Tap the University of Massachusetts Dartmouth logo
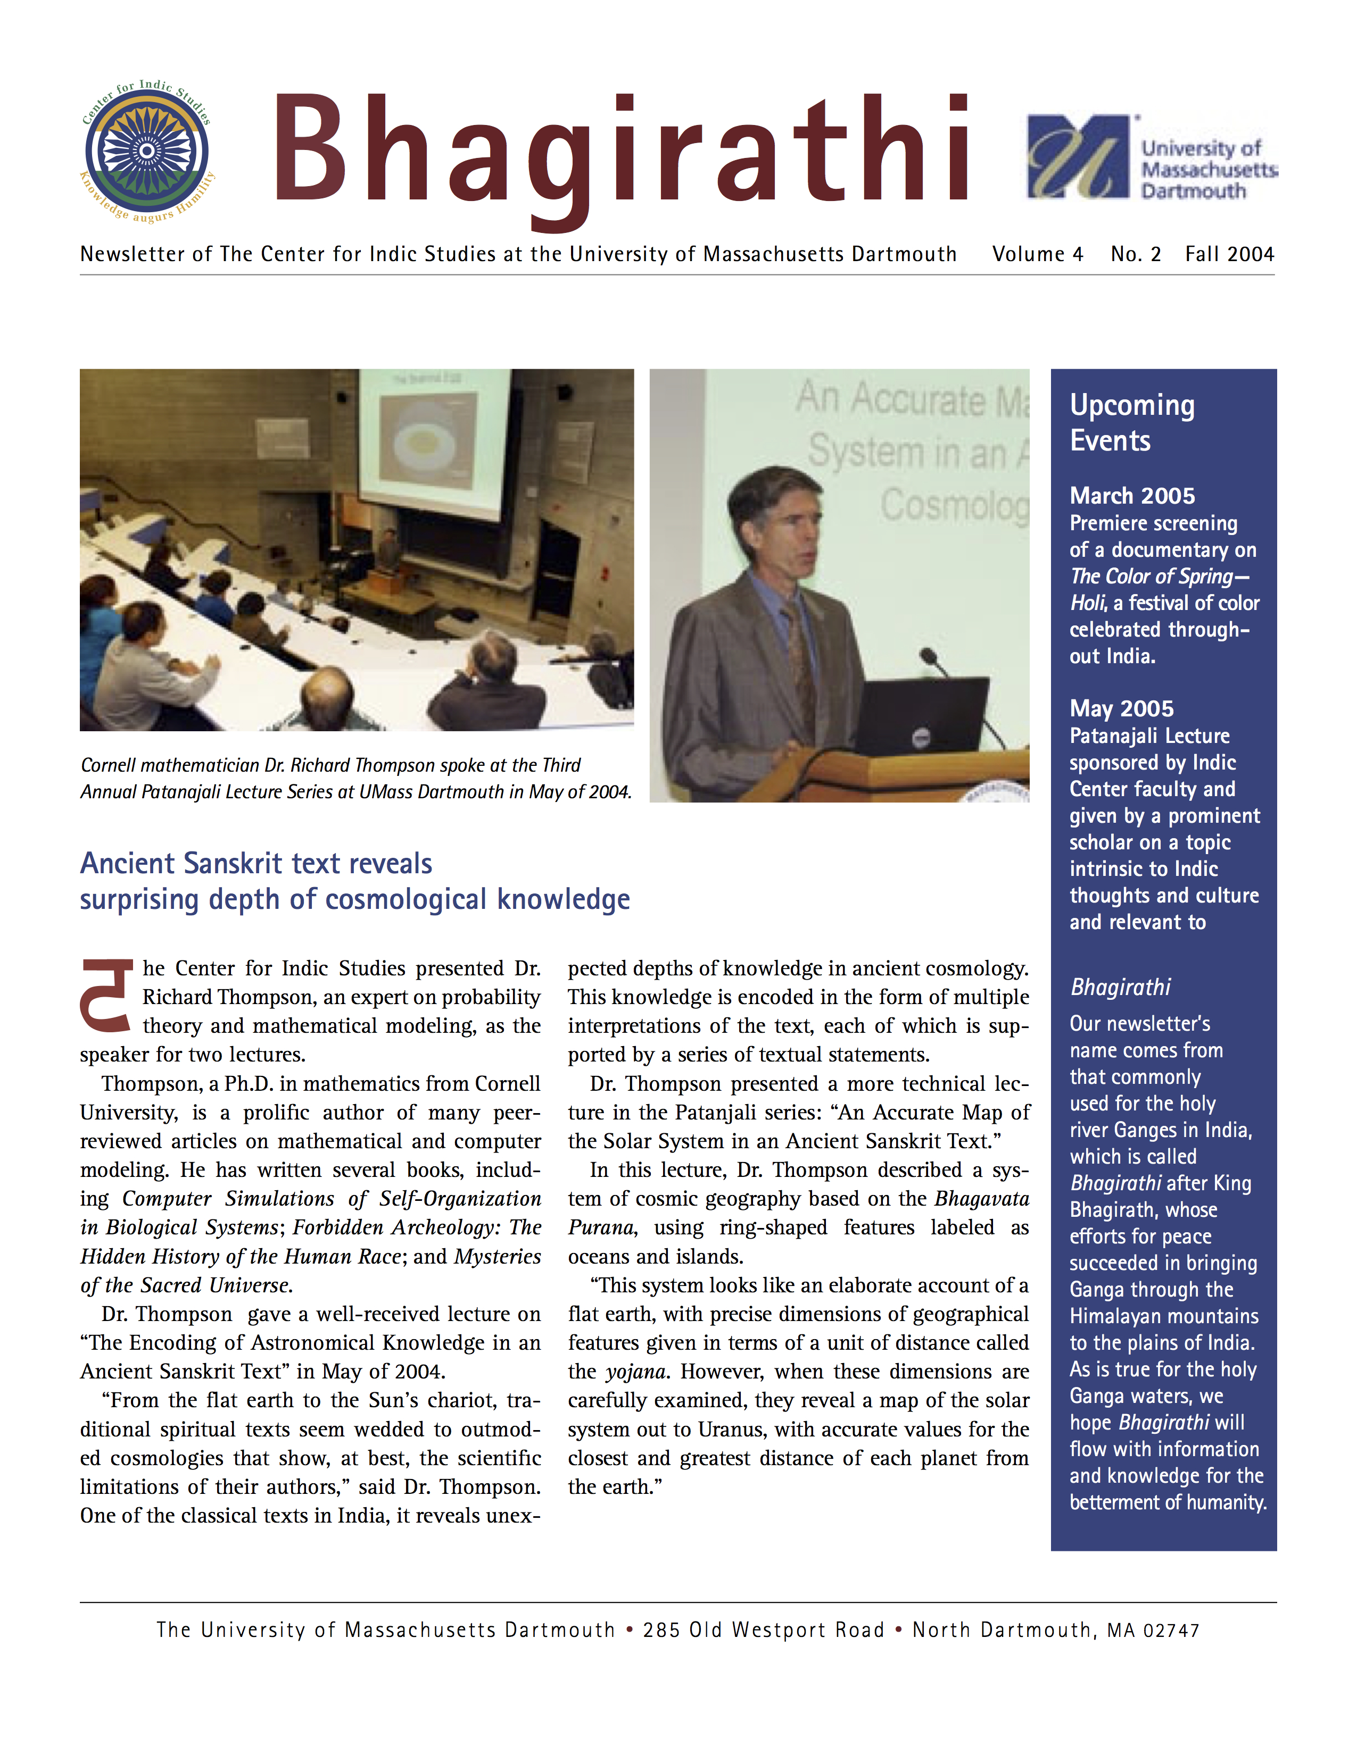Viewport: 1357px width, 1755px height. [1151, 157]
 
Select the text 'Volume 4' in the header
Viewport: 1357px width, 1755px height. [1037, 255]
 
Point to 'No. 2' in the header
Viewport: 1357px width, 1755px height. [1135, 255]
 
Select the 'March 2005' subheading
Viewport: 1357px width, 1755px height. [1132, 496]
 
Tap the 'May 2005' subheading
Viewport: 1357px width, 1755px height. [1121, 709]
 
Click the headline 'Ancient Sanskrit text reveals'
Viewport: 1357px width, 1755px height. [255, 864]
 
